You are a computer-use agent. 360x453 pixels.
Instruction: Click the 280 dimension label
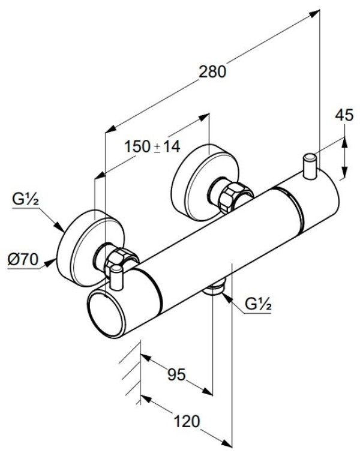point(212,71)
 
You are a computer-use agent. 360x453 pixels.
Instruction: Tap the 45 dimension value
point(344,115)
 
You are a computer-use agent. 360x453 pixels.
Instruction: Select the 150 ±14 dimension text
point(152,146)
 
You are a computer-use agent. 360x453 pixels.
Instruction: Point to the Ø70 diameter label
point(23,259)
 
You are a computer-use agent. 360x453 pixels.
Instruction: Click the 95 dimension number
point(176,374)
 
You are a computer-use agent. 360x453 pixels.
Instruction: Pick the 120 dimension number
point(187,421)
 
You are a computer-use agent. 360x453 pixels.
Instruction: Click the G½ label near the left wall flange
point(26,199)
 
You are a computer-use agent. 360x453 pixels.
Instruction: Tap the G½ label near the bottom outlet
point(258,304)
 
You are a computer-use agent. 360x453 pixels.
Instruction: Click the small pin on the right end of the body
point(310,166)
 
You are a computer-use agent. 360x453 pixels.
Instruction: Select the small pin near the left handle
point(116,278)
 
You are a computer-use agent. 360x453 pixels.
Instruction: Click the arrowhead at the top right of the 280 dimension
point(314,13)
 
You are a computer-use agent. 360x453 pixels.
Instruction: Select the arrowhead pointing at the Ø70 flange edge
point(50,263)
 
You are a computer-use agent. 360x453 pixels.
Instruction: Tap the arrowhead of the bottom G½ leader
point(227,298)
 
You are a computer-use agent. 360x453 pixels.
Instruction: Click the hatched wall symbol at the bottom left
point(131,373)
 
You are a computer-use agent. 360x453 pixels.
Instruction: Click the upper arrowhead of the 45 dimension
point(344,142)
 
